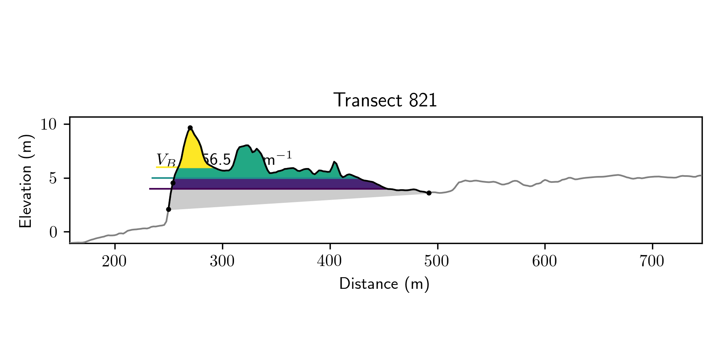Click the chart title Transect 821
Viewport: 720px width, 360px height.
click(385, 100)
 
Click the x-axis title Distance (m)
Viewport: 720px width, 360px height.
click(384, 284)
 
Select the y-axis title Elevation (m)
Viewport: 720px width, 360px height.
click(25, 181)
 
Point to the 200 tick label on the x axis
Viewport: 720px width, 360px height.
click(114, 262)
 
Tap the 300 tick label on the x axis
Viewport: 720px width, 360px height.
click(222, 262)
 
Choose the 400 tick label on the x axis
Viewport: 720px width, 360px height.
click(330, 262)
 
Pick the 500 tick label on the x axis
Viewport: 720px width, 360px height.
click(437, 262)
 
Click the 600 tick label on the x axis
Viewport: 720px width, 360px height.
click(544, 262)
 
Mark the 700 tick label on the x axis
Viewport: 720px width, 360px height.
click(652, 262)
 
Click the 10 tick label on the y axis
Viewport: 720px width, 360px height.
click(50, 124)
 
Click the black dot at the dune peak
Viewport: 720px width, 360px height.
click(190, 128)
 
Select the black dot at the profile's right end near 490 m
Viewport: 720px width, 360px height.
click(429, 193)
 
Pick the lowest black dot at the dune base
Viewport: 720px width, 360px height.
click(168, 209)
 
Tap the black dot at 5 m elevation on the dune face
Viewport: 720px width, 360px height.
click(173, 183)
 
